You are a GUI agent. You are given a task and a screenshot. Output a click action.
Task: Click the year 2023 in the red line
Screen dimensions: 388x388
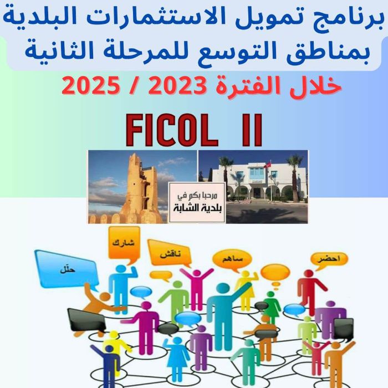coord(176,85)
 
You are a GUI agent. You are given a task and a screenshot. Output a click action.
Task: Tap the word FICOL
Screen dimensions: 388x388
coord(172,130)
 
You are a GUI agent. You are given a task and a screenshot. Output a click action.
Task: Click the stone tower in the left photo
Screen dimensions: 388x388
coord(139,188)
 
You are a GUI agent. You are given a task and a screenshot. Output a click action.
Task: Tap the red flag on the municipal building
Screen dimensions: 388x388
coord(267,165)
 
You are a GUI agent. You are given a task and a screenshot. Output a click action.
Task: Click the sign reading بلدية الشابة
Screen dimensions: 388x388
coord(197,203)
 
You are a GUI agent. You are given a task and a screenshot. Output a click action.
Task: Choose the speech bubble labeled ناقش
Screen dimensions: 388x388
coord(170,254)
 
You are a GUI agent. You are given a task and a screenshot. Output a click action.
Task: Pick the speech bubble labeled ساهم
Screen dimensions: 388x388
coord(232,259)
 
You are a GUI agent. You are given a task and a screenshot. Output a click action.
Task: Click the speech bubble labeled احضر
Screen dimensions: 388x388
coord(329,259)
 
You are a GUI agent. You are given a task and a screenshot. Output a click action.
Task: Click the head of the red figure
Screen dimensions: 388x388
coord(309,274)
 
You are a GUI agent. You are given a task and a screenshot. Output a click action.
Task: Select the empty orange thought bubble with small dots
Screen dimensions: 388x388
coord(275,273)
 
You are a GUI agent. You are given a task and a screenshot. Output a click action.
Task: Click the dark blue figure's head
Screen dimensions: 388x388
coord(109,349)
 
